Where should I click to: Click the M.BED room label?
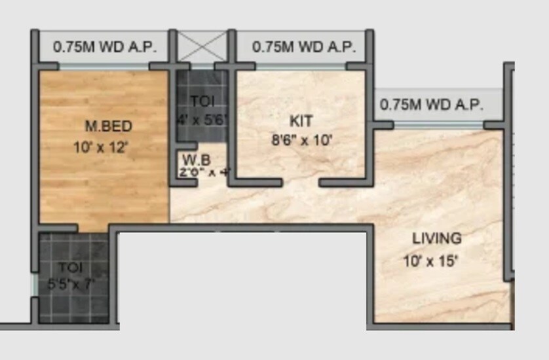click(109, 126)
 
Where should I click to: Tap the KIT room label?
click(301, 120)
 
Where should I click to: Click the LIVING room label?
click(436, 238)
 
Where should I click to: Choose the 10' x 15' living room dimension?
click(430, 262)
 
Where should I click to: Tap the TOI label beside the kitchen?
click(202, 101)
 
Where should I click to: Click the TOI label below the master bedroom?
click(70, 267)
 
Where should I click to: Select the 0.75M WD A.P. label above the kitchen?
click(304, 47)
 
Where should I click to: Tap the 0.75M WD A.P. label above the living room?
click(432, 104)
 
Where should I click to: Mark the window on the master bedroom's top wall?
click(104, 66)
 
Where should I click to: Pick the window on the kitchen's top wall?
click(301, 66)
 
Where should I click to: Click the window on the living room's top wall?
click(439, 124)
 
